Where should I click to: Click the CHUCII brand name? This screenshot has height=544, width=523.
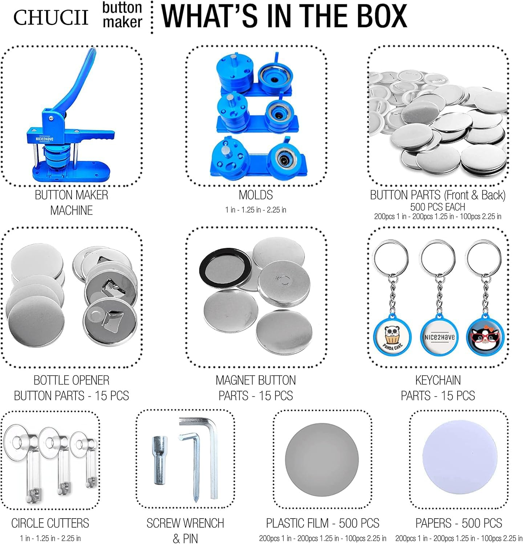(51, 17)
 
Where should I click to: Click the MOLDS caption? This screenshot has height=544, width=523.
(256, 195)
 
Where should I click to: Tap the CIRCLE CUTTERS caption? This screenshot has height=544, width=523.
(50, 523)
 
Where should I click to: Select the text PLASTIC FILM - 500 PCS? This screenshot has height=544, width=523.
(323, 523)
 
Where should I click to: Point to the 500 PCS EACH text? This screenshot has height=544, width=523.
(438, 207)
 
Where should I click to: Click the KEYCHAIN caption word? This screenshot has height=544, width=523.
(438, 380)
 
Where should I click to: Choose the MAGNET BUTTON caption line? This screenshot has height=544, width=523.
(256, 380)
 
